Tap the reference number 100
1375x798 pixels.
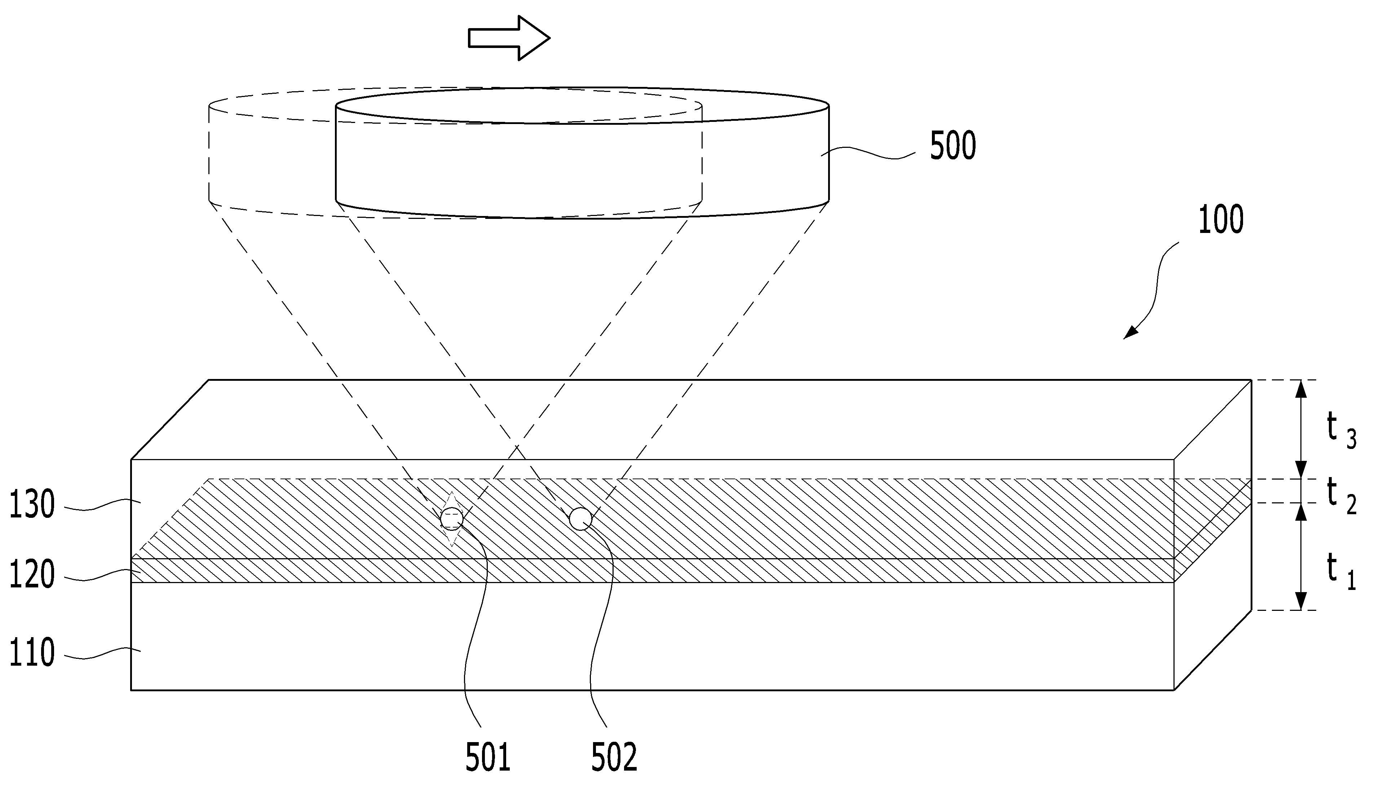(x=1220, y=220)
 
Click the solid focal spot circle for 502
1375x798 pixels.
(x=580, y=519)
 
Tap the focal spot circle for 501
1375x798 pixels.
(x=452, y=519)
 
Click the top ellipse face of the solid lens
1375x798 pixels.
(x=582, y=105)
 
